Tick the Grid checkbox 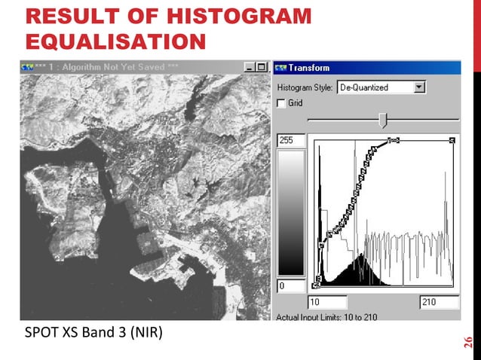tap(281, 103)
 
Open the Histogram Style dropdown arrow tap(420, 87)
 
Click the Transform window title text tap(309, 67)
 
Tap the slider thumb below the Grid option tap(383, 120)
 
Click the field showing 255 tap(291, 141)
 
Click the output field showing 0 tap(291, 286)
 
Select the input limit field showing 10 tap(329, 302)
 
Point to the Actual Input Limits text tap(326, 316)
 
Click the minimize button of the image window tap(250, 67)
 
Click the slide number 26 tap(468, 341)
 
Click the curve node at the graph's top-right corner tap(452, 140)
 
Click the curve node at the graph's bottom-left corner tap(316, 285)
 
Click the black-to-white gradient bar tap(291, 213)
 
